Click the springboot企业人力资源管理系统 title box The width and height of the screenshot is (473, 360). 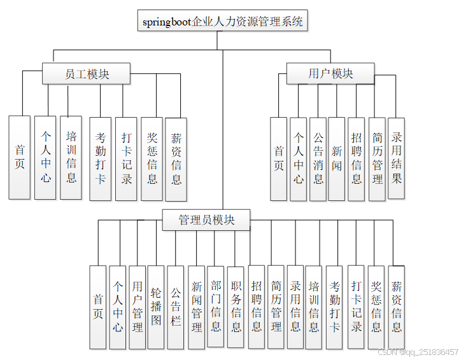(x=223, y=21)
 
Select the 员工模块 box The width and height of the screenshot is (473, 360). (x=87, y=74)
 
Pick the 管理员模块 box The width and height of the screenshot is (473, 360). (x=206, y=220)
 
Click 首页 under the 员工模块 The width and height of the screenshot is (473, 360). (x=20, y=157)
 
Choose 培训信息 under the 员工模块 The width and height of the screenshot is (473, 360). (x=71, y=157)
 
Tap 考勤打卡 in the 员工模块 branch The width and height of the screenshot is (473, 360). (x=100, y=159)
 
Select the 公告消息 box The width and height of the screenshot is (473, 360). (x=318, y=159)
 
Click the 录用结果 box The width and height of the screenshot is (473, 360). (x=397, y=158)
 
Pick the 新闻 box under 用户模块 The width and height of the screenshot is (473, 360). (x=337, y=159)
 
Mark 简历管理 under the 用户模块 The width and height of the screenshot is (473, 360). (x=377, y=159)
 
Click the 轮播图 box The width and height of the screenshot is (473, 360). (x=156, y=307)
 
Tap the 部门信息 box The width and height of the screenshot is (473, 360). (x=216, y=307)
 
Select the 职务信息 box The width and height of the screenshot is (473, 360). (x=236, y=308)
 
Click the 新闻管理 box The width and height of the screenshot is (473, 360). (x=196, y=308)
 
